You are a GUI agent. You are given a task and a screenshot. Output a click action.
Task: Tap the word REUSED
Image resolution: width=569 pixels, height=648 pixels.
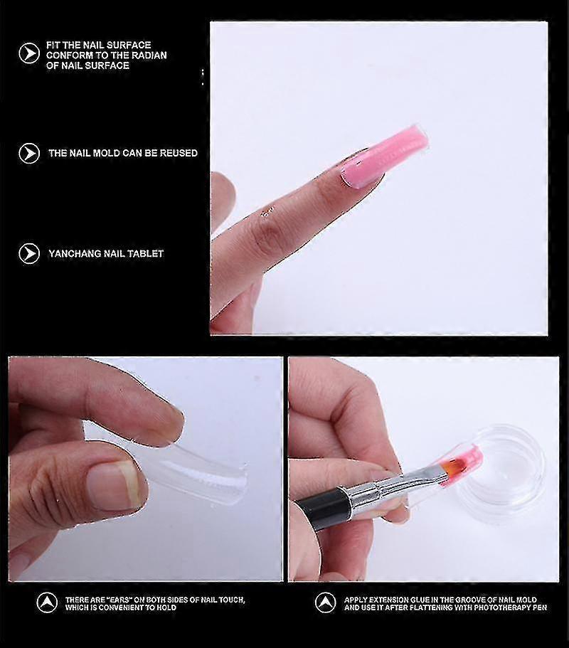pos(179,153)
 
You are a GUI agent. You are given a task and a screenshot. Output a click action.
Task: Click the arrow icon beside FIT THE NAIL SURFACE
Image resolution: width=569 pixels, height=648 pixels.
pos(29,54)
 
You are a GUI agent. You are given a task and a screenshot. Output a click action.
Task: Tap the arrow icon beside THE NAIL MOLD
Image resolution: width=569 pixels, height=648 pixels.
pos(29,153)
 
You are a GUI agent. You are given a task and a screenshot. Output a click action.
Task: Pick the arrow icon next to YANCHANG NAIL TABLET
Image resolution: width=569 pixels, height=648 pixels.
pos(29,253)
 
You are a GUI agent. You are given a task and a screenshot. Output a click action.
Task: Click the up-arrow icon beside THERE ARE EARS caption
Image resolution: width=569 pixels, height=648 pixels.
pos(47,603)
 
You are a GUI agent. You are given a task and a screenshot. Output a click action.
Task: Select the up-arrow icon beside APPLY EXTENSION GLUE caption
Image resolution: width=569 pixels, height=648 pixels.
pos(326,603)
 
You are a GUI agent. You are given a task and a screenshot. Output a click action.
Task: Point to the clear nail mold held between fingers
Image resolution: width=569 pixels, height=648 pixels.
pos(174,467)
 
